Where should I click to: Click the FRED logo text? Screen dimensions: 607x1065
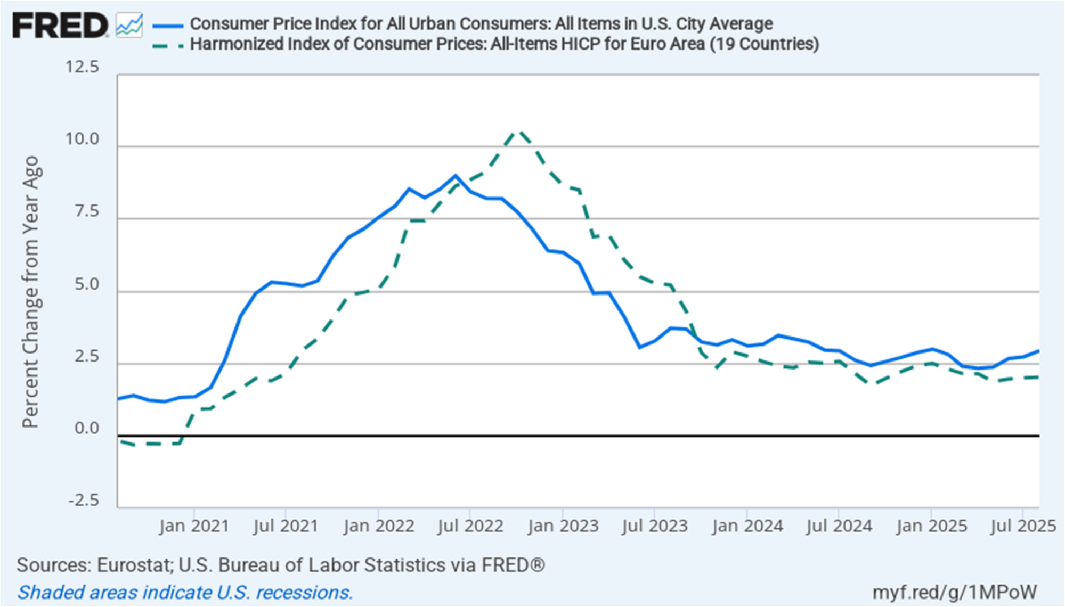coord(60,26)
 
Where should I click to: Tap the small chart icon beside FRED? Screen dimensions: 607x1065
coord(129,26)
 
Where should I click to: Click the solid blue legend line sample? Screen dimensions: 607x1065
coord(168,25)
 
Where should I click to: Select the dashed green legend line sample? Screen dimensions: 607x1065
coord(168,46)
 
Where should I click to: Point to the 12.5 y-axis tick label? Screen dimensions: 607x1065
coord(82,67)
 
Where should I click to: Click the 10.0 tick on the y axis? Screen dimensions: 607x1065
coord(82,140)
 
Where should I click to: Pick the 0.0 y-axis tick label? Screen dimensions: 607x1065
coord(86,429)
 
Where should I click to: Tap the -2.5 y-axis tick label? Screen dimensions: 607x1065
coord(84,501)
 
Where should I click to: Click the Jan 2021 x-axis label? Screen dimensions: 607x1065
coord(194,526)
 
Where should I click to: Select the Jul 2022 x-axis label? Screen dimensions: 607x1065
coord(470,526)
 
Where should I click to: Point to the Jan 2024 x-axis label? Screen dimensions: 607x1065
coord(747,526)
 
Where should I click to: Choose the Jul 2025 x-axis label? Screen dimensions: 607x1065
coord(1023,526)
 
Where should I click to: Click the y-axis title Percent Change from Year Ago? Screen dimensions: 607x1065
coord(31,292)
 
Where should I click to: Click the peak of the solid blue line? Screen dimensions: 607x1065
coord(456,175)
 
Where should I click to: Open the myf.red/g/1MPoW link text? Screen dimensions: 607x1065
coord(954,592)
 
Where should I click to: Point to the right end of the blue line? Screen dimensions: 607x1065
coord(1038,351)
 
